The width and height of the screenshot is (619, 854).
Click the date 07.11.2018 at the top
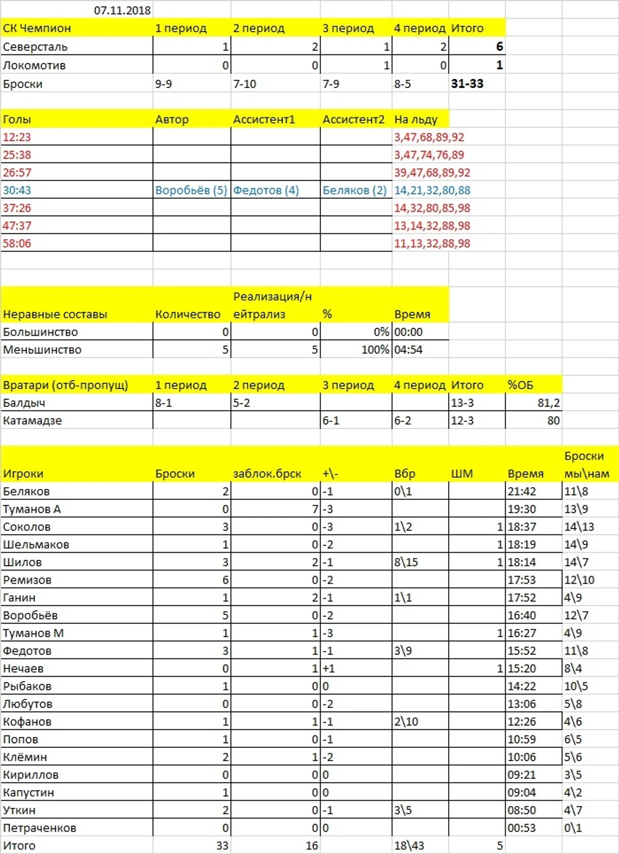pyautogui.click(x=122, y=10)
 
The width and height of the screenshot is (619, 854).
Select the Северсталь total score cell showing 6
pyautogui.click(x=499, y=47)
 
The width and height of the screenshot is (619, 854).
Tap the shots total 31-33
pyautogui.click(x=467, y=84)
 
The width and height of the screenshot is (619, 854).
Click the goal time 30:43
pyautogui.click(x=17, y=190)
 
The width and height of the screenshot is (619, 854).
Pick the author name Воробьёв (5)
pyautogui.click(x=191, y=190)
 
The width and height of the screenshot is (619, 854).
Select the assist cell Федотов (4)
pyautogui.click(x=266, y=190)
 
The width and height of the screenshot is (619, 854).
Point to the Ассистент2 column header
pyautogui.click(x=353, y=120)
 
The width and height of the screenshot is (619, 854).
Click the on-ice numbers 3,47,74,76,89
pyautogui.click(x=429, y=155)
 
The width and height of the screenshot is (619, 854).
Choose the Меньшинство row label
pyautogui.click(x=42, y=350)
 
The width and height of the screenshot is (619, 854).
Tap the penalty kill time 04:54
pyautogui.click(x=408, y=350)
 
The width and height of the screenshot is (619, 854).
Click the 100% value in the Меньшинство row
pyautogui.click(x=375, y=350)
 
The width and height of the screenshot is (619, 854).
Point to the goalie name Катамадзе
pyautogui.click(x=32, y=421)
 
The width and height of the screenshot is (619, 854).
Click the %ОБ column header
pyautogui.click(x=520, y=385)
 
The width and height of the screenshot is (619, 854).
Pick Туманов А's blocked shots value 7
pyautogui.click(x=315, y=509)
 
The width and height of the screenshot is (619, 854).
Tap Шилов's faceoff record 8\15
pyautogui.click(x=406, y=562)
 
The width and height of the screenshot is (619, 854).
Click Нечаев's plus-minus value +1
pyautogui.click(x=329, y=669)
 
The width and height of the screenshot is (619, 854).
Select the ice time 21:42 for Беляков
pyautogui.click(x=521, y=491)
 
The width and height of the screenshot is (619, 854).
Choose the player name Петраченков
pyautogui.click(x=39, y=828)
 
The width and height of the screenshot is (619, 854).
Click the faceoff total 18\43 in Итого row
pyautogui.click(x=409, y=846)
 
